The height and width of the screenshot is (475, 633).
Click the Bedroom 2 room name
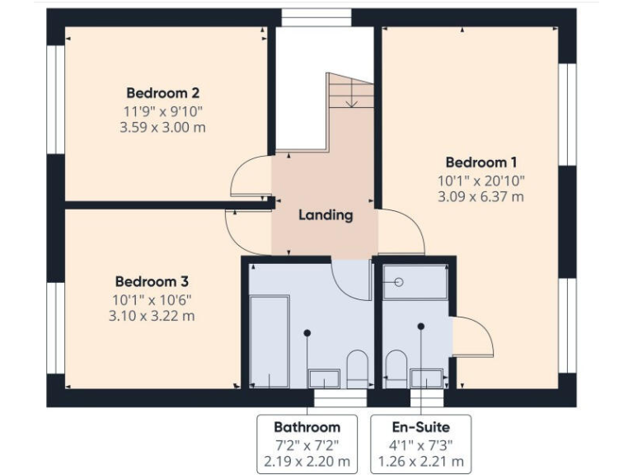click(x=162, y=93)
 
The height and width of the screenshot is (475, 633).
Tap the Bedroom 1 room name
click(x=481, y=162)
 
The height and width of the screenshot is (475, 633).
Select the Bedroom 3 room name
click(x=152, y=281)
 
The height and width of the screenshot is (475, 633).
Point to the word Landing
click(x=326, y=215)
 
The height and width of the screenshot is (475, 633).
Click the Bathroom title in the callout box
click(x=307, y=427)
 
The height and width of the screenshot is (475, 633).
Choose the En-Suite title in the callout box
click(x=421, y=427)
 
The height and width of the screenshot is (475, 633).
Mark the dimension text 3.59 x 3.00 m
click(x=162, y=128)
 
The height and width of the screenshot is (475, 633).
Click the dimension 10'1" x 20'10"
click(x=481, y=180)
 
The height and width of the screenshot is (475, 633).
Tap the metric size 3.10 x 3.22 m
click(x=152, y=316)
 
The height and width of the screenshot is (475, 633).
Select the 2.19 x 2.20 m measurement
click(x=307, y=461)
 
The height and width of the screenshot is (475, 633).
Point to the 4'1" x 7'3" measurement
click(x=421, y=444)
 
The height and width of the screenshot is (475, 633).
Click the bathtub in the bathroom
click(x=270, y=341)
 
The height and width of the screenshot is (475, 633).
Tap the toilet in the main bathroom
click(x=357, y=369)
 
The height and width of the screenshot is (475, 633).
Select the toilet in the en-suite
click(x=396, y=369)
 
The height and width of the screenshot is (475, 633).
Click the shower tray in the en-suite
click(x=415, y=282)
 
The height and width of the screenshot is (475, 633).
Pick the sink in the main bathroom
click(x=324, y=378)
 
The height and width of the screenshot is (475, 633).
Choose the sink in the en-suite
click(x=426, y=378)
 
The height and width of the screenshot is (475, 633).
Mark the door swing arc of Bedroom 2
click(x=247, y=175)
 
